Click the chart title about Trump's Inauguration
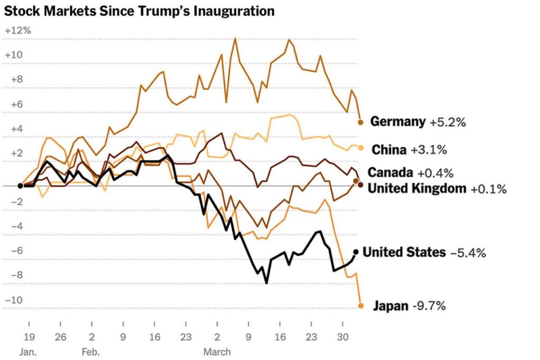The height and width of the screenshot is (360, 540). click(x=139, y=11)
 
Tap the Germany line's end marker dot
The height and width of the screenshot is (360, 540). click(x=361, y=122)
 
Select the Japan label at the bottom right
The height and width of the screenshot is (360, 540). click(x=391, y=306)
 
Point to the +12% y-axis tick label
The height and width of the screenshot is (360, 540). click(x=18, y=31)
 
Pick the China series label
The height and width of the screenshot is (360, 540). click(x=389, y=150)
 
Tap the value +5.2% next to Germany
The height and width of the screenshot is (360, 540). click(x=447, y=122)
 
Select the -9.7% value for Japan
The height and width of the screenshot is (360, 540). click(x=429, y=306)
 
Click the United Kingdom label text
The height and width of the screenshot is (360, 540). click(x=416, y=188)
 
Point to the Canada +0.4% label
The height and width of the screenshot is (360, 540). click(x=410, y=173)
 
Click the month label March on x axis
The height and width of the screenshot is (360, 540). click(x=217, y=351)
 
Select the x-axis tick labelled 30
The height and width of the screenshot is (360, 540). click(x=342, y=338)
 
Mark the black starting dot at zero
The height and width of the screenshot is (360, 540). click(x=20, y=186)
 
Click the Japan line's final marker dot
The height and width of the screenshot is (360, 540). click(x=361, y=306)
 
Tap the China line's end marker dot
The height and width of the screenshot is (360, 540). click(x=361, y=148)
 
